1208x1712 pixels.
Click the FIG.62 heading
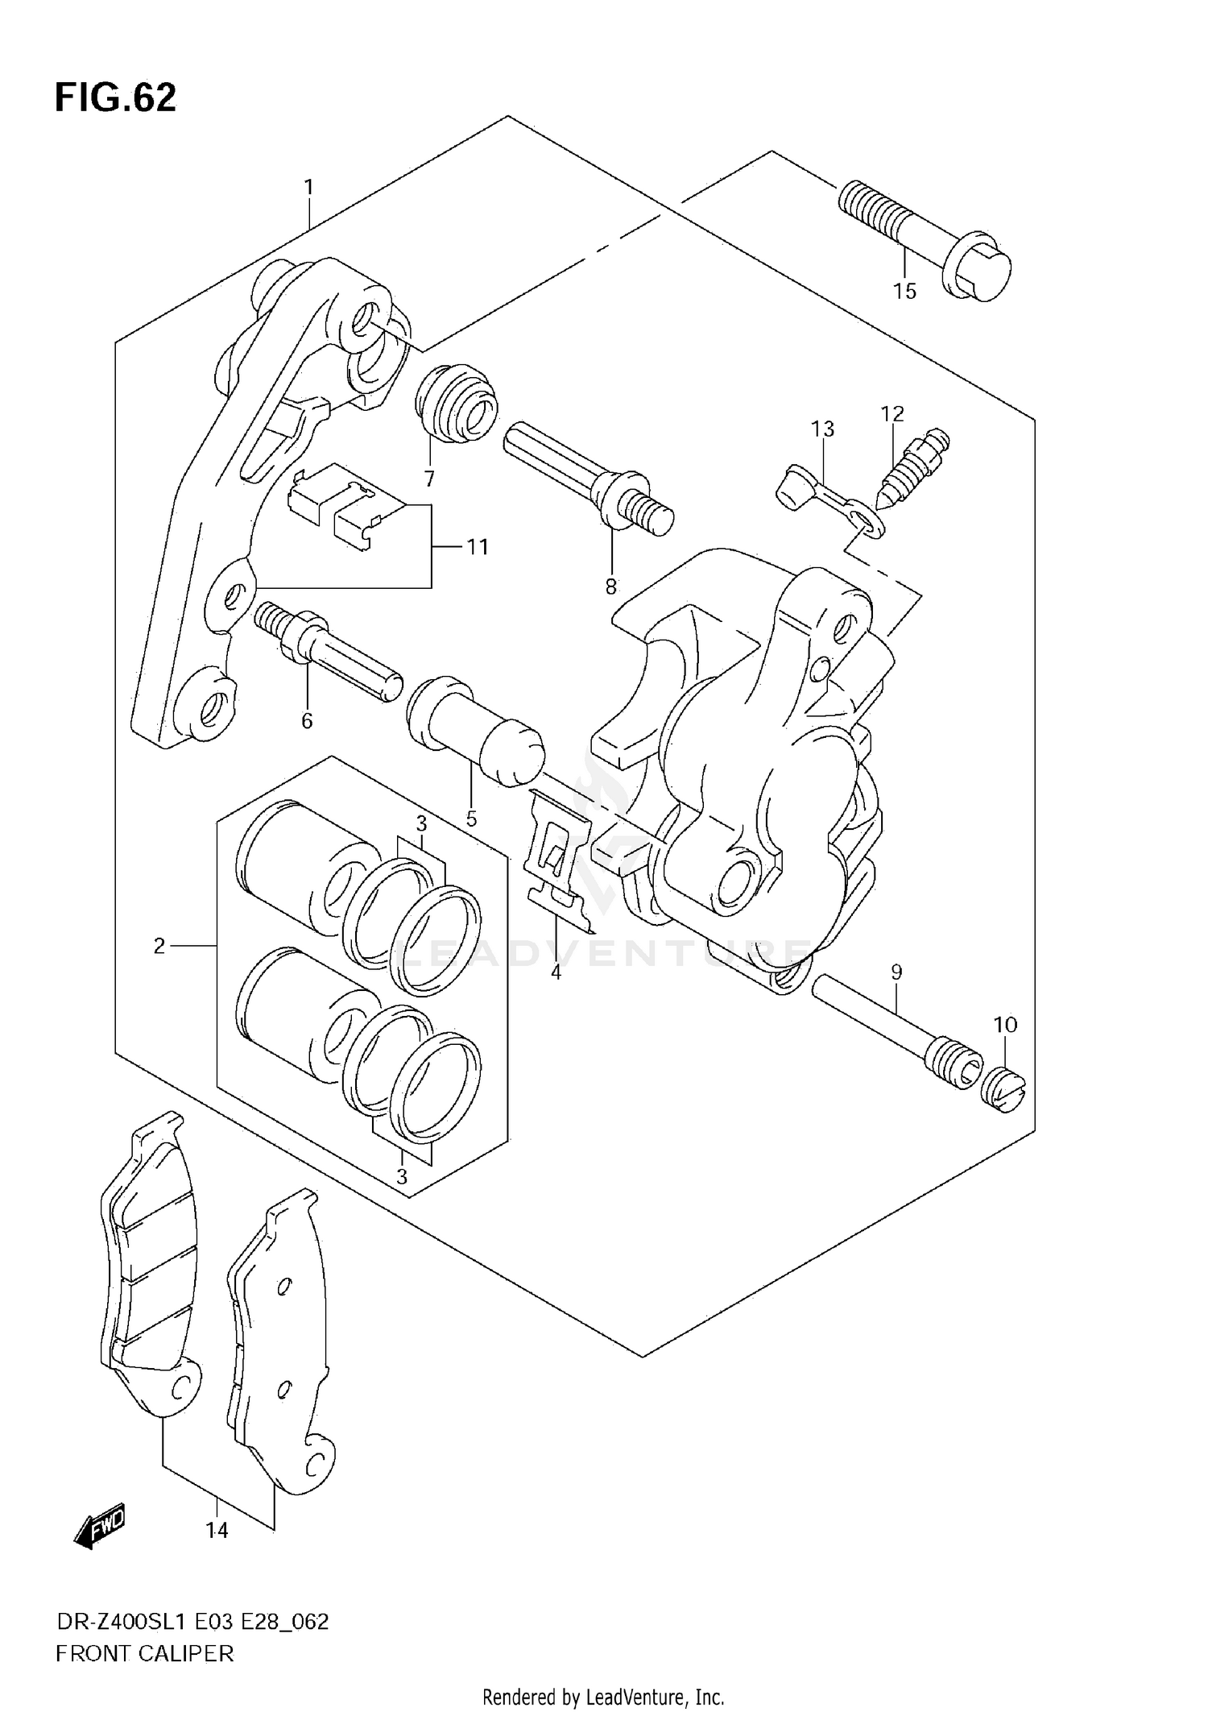click(x=115, y=98)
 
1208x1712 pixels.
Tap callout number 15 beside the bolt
click(x=904, y=292)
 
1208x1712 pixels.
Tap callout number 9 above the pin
click(x=896, y=972)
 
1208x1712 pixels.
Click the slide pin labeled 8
click(x=588, y=475)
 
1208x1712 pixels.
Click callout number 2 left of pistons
click(x=159, y=946)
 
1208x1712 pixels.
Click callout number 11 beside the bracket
click(x=478, y=547)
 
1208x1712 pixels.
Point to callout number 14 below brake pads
click(x=217, y=1530)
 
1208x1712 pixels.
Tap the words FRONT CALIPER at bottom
click(x=145, y=1654)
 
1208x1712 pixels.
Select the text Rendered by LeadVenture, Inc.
click(x=603, y=1697)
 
